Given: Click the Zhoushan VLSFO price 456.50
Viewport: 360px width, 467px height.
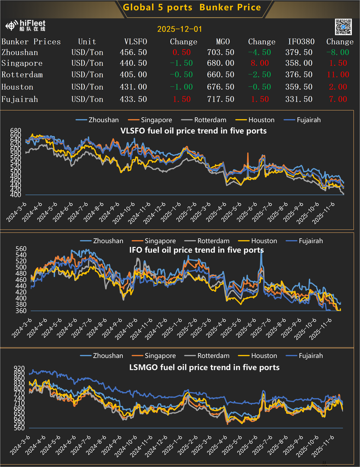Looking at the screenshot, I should point(133,52).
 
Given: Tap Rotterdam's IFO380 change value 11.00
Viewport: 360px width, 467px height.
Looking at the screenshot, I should point(338,75).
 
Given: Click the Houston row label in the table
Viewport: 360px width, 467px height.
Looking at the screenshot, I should point(17,87).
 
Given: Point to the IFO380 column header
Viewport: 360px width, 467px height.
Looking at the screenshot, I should point(301,42).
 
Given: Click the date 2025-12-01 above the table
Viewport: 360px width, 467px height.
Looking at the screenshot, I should point(179,29).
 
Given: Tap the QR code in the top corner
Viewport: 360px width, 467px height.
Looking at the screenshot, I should point(344,27).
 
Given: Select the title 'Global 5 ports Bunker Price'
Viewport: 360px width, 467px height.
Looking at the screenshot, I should point(192,7).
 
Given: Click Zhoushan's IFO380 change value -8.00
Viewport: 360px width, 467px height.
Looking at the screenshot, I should point(338,52).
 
